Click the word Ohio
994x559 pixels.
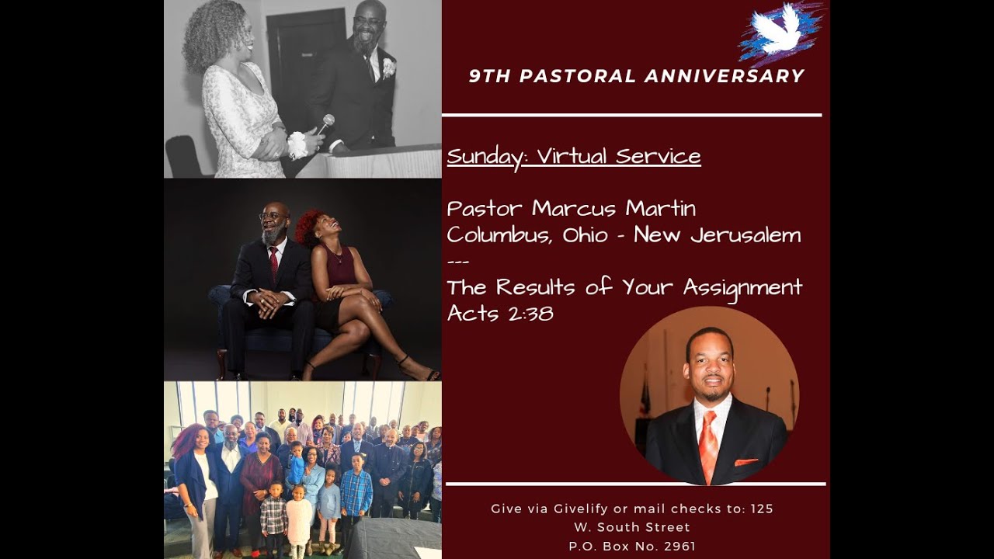pos(585,235)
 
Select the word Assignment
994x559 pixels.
pos(742,288)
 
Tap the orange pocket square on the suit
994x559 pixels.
pos(745,463)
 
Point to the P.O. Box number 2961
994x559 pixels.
pos(679,546)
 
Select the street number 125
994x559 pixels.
pos(762,509)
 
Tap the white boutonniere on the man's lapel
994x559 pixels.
pos(388,68)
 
